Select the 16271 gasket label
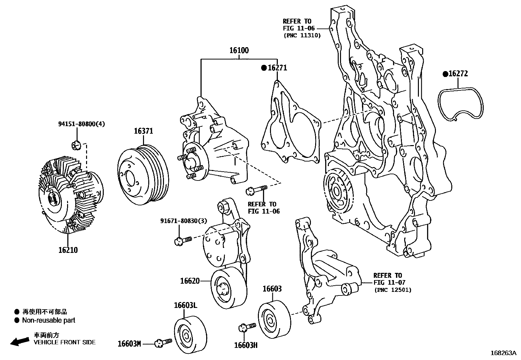[x=277, y=68]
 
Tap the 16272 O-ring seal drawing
[x=461, y=104]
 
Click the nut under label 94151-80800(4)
[x=76, y=144]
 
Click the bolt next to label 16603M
[x=163, y=342]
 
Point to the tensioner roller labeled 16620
[x=228, y=287]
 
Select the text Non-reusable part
[x=48, y=320]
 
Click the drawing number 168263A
[x=503, y=353]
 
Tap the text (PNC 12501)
[x=393, y=290]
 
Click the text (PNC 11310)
[x=302, y=35]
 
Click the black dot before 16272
[x=445, y=74]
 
